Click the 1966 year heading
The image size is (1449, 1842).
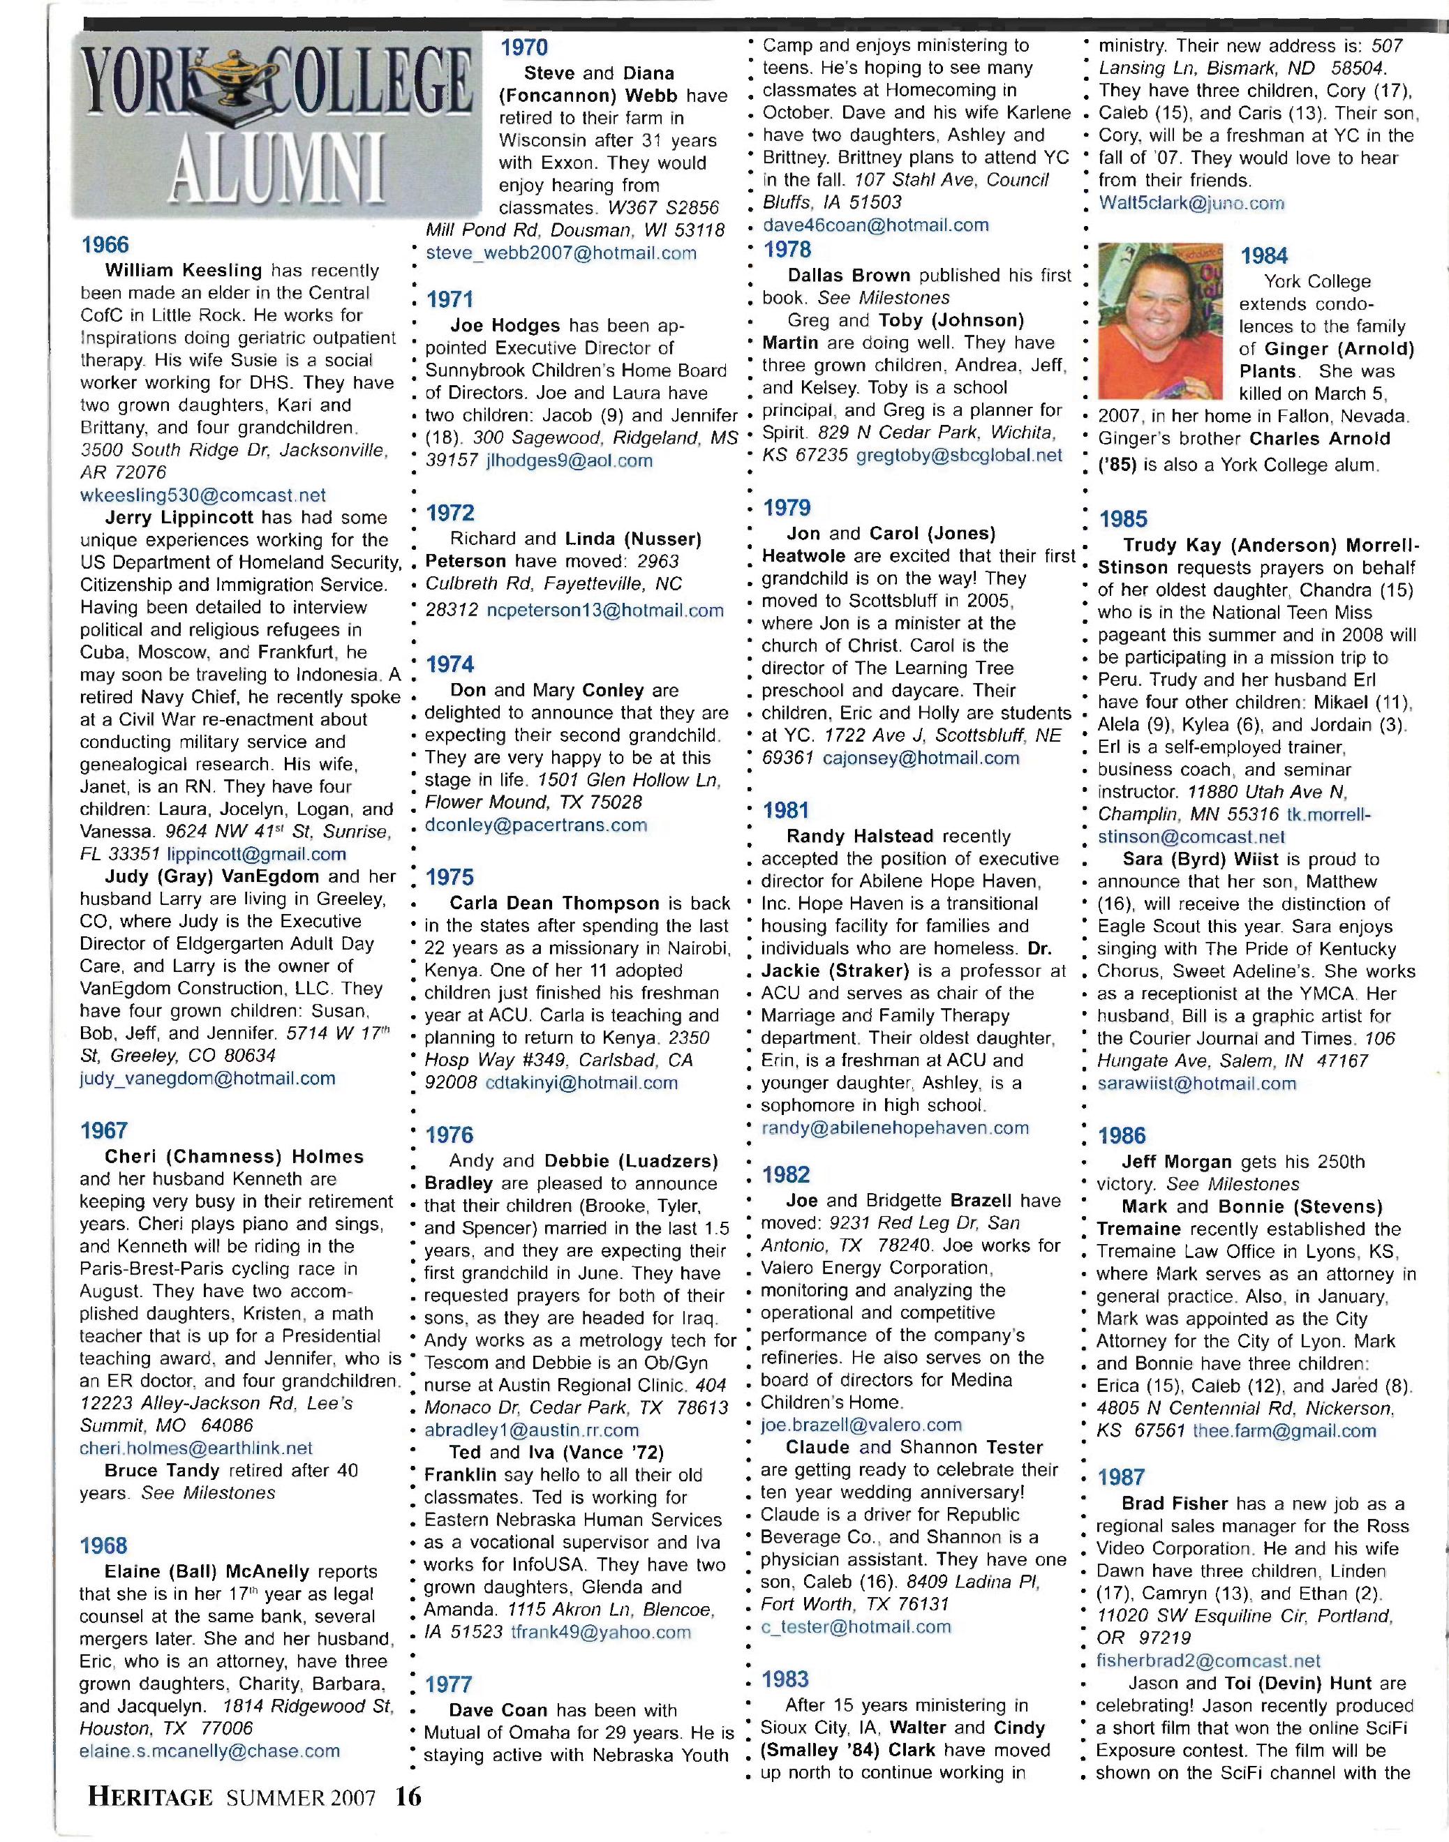[x=105, y=245]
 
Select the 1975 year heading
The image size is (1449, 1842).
[x=449, y=877]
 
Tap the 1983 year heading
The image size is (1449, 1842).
[x=786, y=1679]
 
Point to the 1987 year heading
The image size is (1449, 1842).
[x=1122, y=1477]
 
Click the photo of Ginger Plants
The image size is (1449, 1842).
[x=1161, y=322]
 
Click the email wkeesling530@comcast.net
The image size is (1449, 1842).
[x=202, y=495]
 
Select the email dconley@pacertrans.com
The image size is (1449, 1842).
[x=535, y=825]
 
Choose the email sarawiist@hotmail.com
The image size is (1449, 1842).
[x=1196, y=1083]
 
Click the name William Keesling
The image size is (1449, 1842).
[x=184, y=271]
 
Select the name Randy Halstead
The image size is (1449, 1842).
[x=860, y=836]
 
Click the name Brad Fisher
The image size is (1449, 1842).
[x=1175, y=1504]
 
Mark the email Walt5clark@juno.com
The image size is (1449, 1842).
[x=1191, y=204]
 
